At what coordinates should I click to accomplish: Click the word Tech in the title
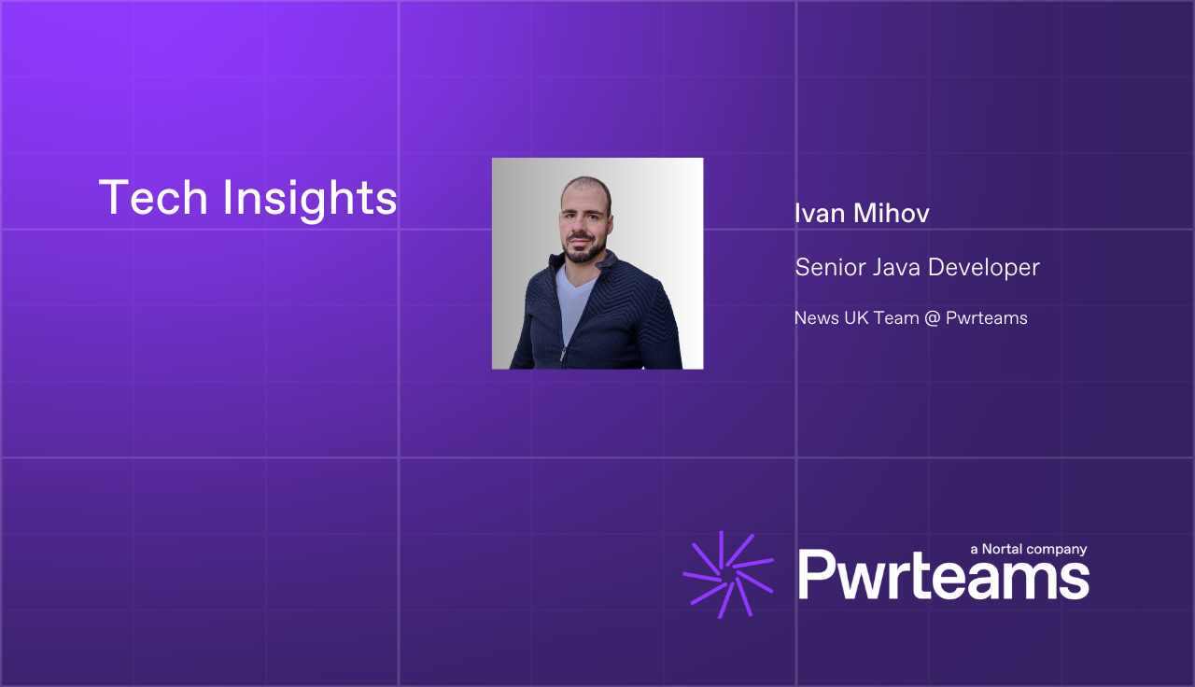pyautogui.click(x=153, y=197)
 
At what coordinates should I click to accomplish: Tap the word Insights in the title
pyautogui.click(x=310, y=200)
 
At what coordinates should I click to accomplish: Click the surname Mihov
pyautogui.click(x=892, y=214)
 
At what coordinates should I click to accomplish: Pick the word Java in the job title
pyautogui.click(x=896, y=267)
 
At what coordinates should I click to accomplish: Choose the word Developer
pyautogui.click(x=984, y=268)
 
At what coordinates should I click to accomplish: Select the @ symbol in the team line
pyautogui.click(x=932, y=318)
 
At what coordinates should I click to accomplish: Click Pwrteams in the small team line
pyautogui.click(x=987, y=318)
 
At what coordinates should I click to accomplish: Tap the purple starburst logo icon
pyautogui.click(x=728, y=574)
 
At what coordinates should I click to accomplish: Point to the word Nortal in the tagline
pyautogui.click(x=1002, y=549)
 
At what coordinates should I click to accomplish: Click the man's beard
pyautogui.click(x=584, y=249)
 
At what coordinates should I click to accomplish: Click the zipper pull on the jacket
pyautogui.click(x=563, y=354)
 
